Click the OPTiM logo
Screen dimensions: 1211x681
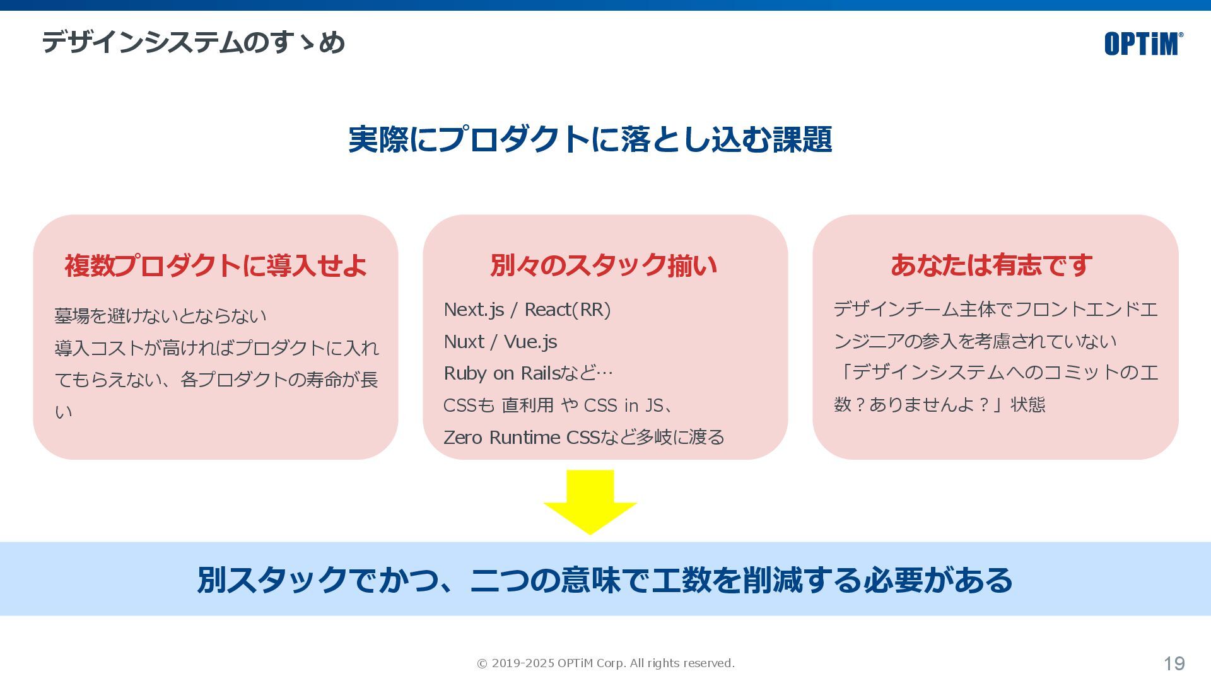[x=1143, y=44]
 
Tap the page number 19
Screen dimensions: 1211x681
[x=1174, y=663]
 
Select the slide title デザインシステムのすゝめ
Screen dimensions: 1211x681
[x=193, y=43]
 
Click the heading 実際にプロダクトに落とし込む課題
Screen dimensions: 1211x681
[x=590, y=139]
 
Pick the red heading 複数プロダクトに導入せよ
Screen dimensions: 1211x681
[x=216, y=265]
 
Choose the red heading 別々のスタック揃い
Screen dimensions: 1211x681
[x=604, y=265]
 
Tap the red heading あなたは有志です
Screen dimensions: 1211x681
[x=991, y=265]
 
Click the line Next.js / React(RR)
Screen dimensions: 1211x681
[x=527, y=310]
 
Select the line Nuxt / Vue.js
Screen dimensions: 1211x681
[x=500, y=342]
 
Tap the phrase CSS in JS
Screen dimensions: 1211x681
[x=623, y=405]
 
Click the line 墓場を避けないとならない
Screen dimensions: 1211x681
[x=160, y=316]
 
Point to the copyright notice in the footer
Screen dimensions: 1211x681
[x=605, y=663]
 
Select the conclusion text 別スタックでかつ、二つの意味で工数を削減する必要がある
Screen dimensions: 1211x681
[x=605, y=580]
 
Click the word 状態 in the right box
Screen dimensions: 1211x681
[x=1027, y=405]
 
